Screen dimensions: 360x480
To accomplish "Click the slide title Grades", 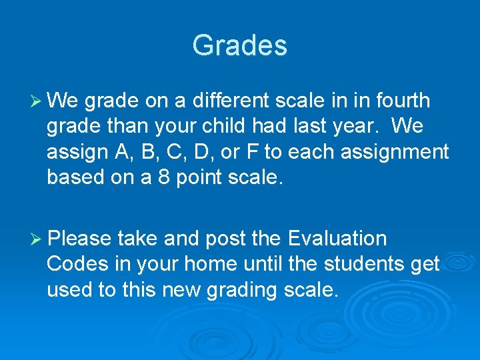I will click(239, 46).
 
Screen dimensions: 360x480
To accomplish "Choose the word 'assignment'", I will click(395, 152).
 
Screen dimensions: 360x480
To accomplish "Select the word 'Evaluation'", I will click(337, 239).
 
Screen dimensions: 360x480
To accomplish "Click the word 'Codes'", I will click(77, 264).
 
